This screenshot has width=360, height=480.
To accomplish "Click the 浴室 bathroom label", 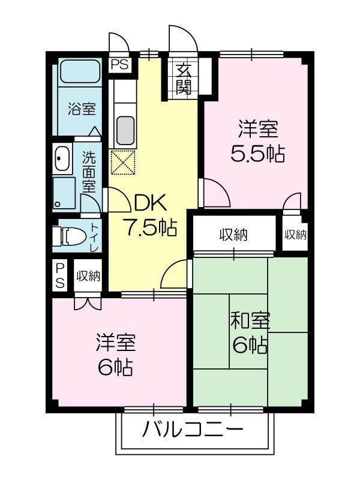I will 82,110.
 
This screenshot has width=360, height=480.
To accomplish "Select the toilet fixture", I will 67,236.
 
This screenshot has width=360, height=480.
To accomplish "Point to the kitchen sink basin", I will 125,129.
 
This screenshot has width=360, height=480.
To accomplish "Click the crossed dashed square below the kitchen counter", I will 123,161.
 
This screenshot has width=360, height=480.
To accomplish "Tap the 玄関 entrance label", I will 184,79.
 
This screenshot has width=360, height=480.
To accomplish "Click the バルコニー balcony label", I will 193,430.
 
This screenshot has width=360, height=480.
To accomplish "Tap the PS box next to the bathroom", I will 119,65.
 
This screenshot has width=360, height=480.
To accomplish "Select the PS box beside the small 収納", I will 60,276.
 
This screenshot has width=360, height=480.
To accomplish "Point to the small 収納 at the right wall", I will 295,235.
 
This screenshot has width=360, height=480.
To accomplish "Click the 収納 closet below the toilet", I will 88,277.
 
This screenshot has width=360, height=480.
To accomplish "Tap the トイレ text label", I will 95,237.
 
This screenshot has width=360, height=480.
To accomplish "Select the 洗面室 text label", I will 89,170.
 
